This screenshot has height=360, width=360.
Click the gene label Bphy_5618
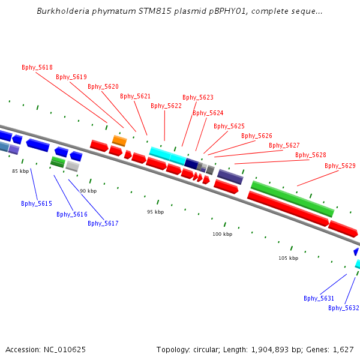pos(37,67)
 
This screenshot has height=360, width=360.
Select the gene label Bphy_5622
pos(166,106)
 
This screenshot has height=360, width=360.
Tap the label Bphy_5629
pos(340,166)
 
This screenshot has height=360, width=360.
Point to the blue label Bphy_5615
pos(37,203)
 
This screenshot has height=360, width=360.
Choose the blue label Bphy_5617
pos(103,223)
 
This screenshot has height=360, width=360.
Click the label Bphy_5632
pos(344,308)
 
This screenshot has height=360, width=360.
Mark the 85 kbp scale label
pos(20,171)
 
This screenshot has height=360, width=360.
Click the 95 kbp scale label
pos(155,212)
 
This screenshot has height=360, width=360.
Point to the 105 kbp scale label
pos(288,258)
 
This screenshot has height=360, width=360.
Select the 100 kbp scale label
pos(222,234)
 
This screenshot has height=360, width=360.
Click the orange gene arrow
pos(119,141)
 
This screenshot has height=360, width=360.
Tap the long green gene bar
pos(292,199)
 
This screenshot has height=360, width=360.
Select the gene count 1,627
pos(343,349)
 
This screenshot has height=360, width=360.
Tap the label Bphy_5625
pos(229,126)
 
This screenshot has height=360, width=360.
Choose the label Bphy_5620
pos(103,86)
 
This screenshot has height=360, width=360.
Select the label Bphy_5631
pos(319,298)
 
